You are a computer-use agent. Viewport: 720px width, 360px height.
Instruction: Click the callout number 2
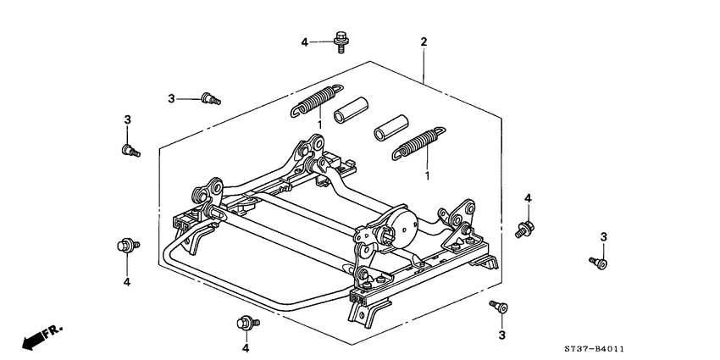[x=424, y=42]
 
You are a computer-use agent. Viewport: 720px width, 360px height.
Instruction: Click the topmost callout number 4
[x=305, y=42]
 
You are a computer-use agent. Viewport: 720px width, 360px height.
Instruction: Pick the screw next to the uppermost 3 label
[x=210, y=100]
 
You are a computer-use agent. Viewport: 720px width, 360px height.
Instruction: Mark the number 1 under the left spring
[x=318, y=125]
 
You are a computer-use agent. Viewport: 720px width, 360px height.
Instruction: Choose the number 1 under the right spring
[x=427, y=176]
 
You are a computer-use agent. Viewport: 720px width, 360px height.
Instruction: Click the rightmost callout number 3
[x=604, y=235]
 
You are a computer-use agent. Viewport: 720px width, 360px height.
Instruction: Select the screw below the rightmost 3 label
[x=600, y=263]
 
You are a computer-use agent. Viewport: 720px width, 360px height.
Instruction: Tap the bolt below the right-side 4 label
[x=524, y=227]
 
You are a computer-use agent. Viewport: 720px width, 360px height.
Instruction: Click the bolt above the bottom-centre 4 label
[x=246, y=322]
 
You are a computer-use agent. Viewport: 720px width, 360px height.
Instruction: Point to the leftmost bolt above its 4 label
[x=124, y=246]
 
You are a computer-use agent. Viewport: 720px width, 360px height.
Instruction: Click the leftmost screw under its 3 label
[x=130, y=151]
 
